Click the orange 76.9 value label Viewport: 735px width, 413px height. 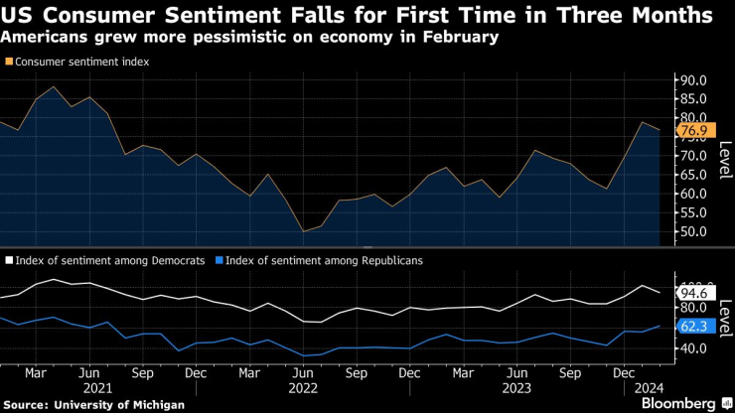point(694,130)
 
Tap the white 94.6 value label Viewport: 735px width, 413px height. point(694,293)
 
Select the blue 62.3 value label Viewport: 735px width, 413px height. point(694,326)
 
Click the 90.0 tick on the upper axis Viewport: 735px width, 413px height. point(691,80)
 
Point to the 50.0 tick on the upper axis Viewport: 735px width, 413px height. point(691,231)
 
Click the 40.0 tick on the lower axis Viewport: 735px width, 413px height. point(691,348)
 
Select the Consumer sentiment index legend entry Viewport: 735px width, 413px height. point(77,62)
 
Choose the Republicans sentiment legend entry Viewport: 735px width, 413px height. point(318,260)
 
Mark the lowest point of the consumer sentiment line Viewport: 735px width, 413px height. point(304,231)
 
